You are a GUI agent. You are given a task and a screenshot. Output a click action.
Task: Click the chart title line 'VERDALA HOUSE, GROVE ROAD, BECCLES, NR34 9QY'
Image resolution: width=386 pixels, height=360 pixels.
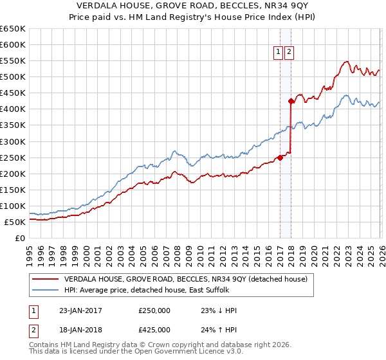pos(193,6)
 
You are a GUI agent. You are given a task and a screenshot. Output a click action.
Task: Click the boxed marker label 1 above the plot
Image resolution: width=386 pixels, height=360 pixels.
pos(278,53)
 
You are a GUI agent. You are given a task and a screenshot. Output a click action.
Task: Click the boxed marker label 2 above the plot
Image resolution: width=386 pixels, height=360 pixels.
pos(288,53)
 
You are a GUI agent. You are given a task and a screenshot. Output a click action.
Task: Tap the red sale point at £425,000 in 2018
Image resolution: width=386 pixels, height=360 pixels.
pos(291,101)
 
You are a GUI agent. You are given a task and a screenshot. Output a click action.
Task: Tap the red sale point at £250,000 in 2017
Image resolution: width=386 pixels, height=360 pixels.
pos(280,157)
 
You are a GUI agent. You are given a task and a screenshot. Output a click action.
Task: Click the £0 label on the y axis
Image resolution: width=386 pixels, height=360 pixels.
pos(19,239)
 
